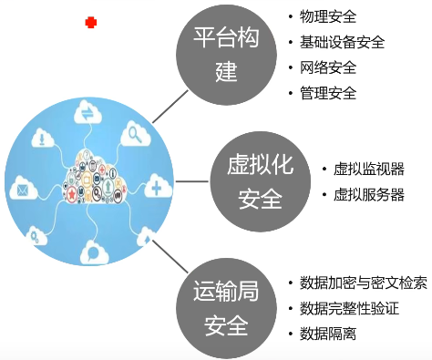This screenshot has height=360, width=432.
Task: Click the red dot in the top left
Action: (x=90, y=22)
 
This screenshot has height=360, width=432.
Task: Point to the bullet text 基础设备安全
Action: (x=342, y=42)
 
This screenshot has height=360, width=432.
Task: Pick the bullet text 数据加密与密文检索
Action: (x=363, y=283)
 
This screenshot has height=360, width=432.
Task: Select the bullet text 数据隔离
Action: (x=328, y=334)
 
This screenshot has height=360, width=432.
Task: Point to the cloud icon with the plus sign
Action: (x=157, y=188)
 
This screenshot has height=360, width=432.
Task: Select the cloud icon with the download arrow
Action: (x=41, y=139)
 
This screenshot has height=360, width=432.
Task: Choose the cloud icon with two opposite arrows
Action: (x=88, y=112)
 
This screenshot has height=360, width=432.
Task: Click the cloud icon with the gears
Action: (x=38, y=238)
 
